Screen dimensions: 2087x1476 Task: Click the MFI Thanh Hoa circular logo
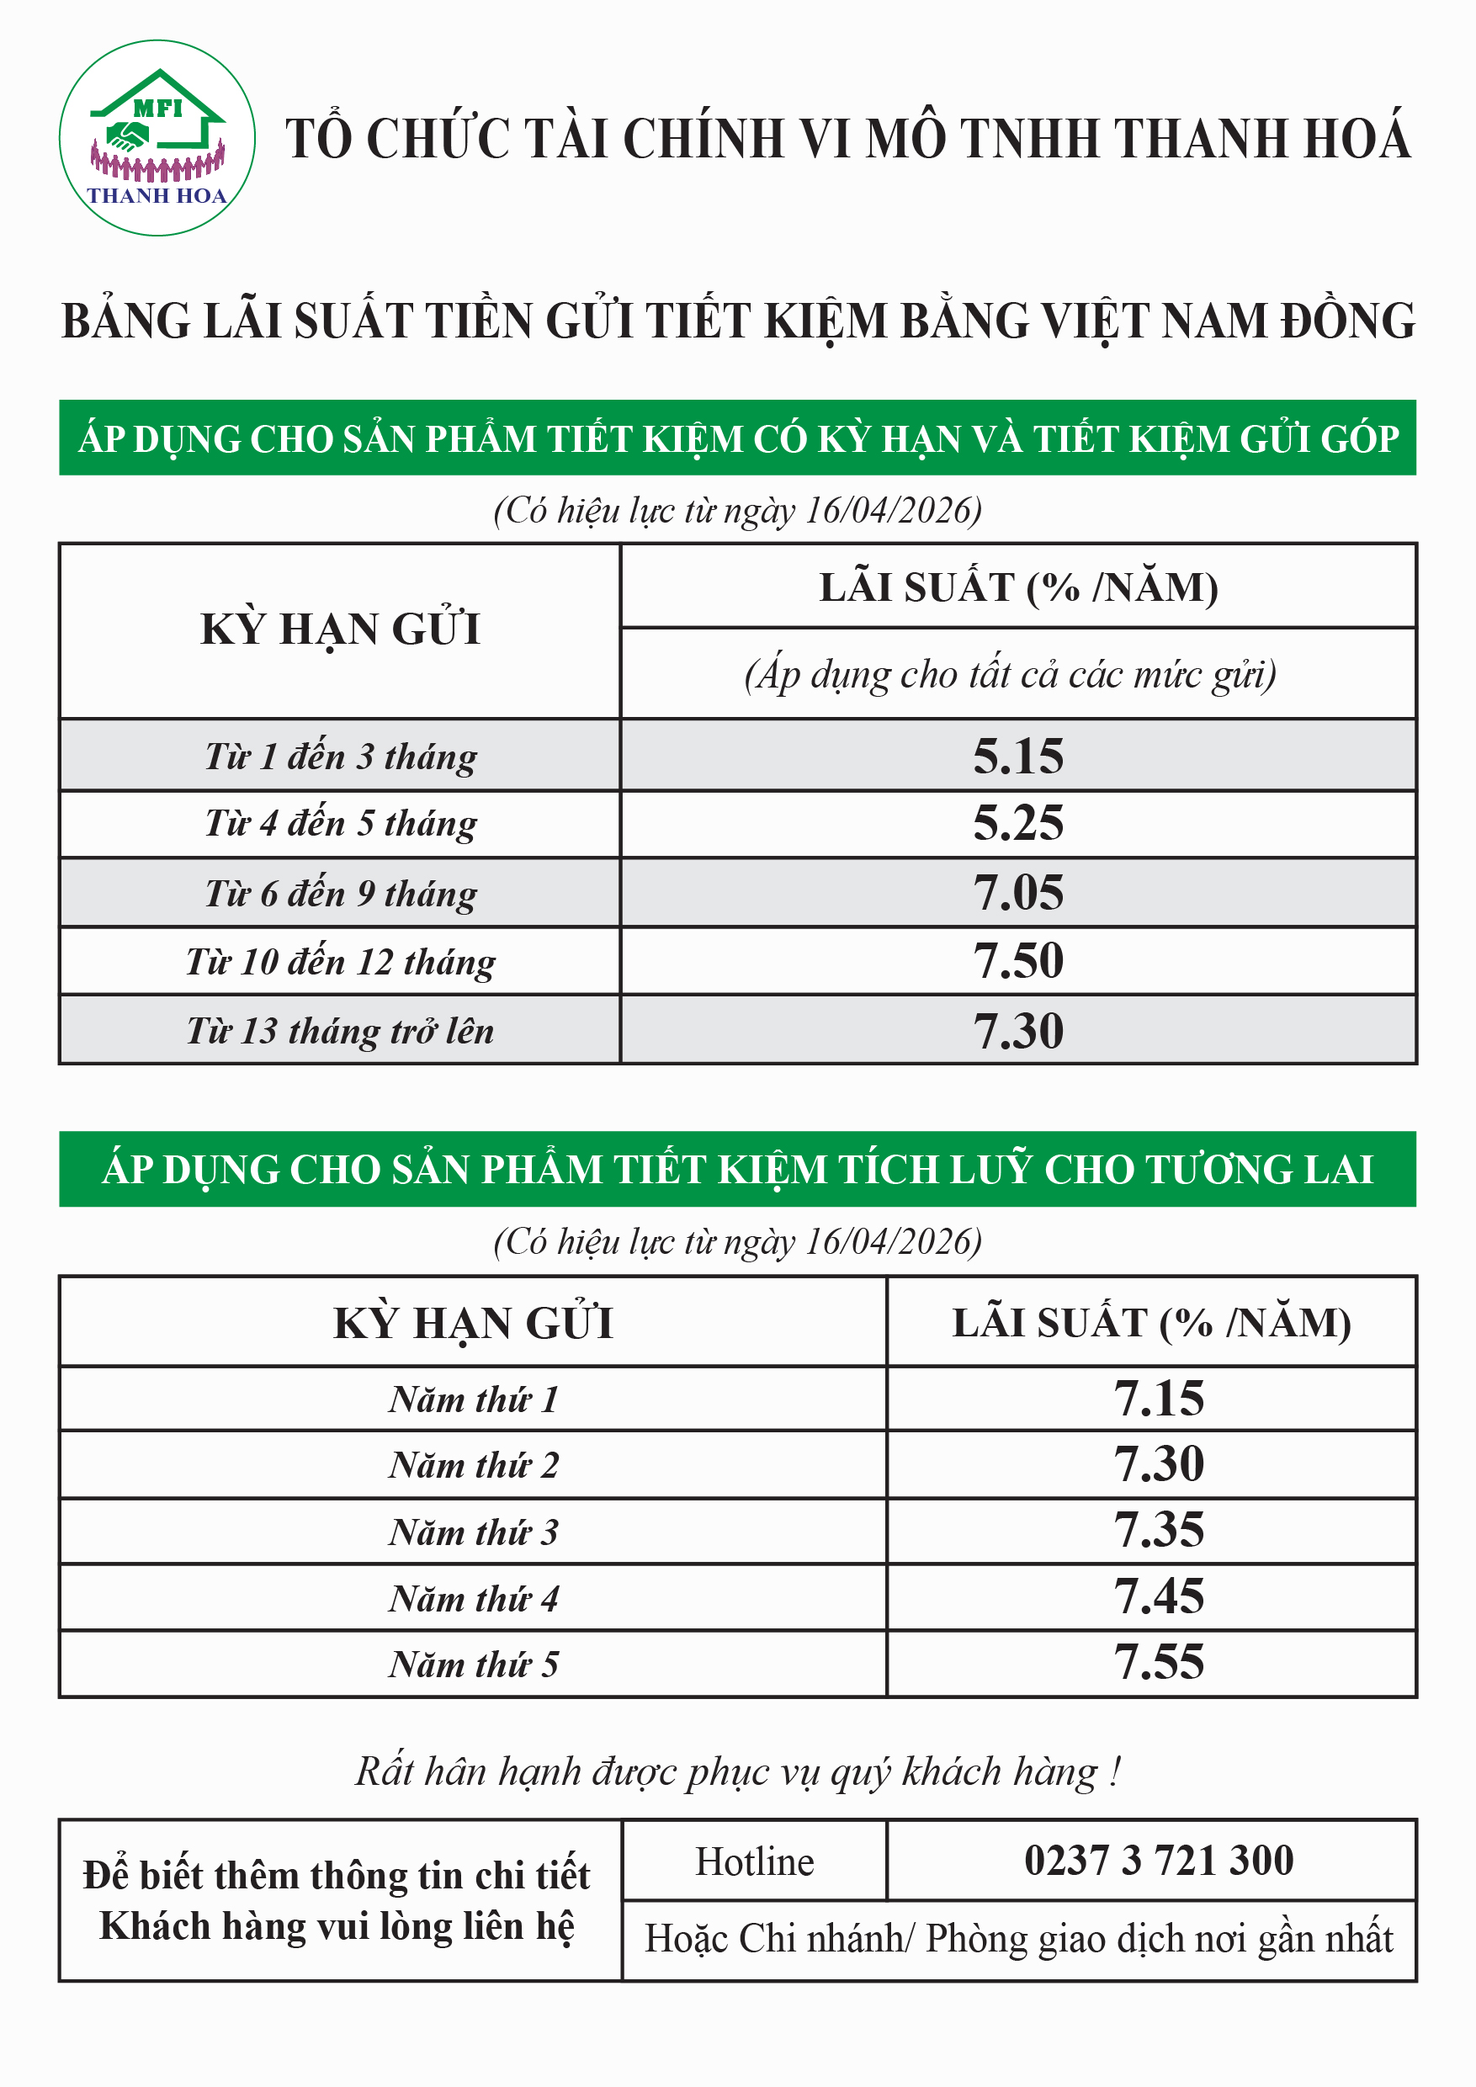coord(157,138)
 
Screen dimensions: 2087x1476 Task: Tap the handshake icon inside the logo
coord(127,137)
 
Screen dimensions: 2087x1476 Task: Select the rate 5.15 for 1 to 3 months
coord(1017,757)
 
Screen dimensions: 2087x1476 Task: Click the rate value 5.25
coord(1017,824)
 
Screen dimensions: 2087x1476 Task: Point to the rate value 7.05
coord(1017,893)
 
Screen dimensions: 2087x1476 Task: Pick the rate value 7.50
coord(1017,961)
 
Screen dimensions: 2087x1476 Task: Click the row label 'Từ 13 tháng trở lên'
coord(340,1031)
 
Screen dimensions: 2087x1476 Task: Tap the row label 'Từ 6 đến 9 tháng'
coord(340,894)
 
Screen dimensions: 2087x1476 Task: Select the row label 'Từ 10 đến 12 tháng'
coord(340,962)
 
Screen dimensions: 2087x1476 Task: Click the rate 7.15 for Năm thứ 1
coord(1158,1398)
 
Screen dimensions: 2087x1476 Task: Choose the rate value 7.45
coord(1158,1596)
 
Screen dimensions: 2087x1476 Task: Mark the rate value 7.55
coord(1158,1663)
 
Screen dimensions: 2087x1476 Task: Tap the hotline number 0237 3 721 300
coord(1158,1860)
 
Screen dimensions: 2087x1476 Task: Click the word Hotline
coord(754,1861)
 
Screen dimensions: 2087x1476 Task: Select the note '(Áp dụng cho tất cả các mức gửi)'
coord(1010,674)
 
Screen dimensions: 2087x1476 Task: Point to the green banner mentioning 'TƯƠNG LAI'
coord(737,1169)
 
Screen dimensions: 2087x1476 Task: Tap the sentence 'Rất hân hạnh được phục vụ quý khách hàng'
coord(737,1771)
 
